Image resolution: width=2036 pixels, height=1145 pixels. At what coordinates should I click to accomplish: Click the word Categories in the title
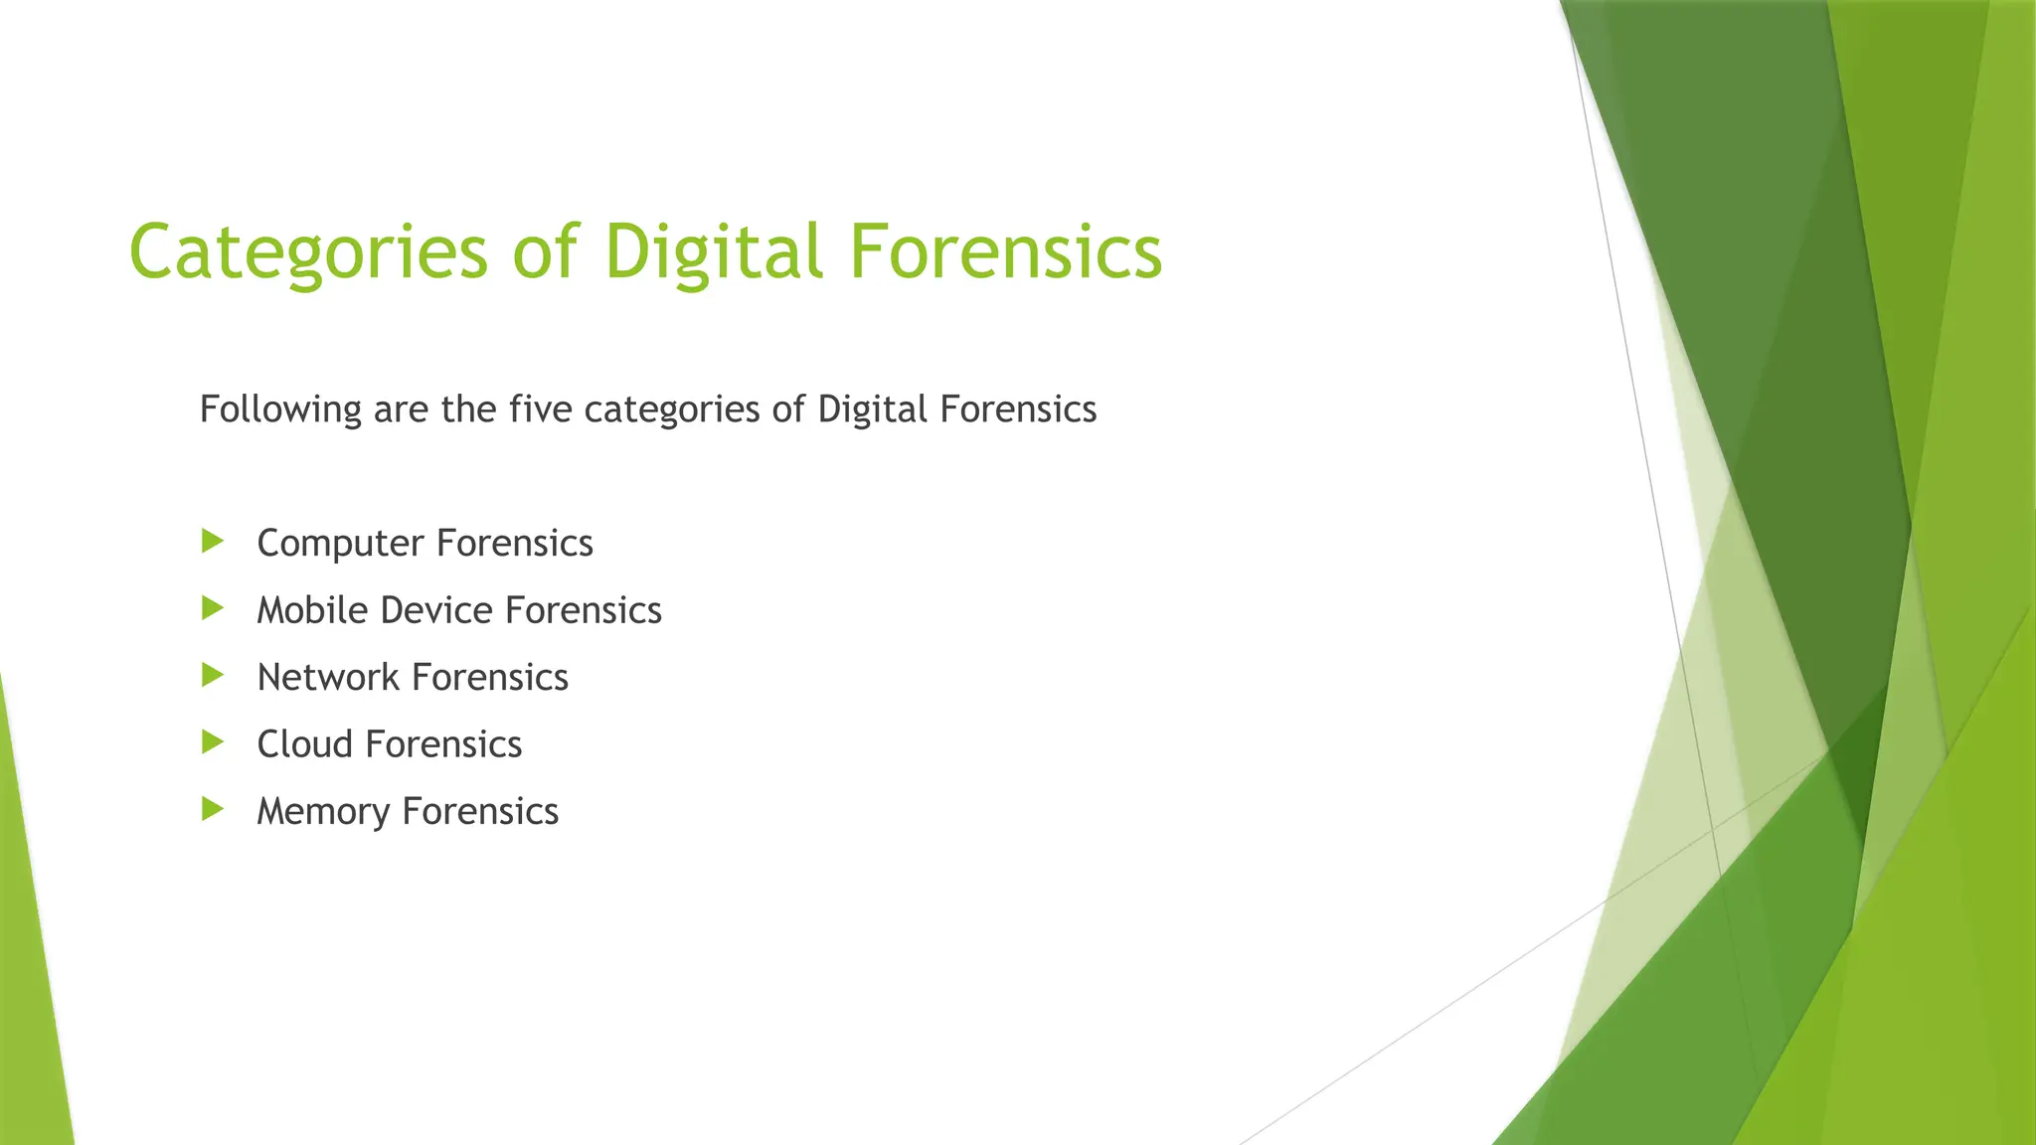tap(308, 252)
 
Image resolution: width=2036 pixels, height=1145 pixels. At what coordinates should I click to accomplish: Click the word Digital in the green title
tap(713, 250)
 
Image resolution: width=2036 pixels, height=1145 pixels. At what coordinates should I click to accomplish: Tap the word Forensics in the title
tap(1005, 250)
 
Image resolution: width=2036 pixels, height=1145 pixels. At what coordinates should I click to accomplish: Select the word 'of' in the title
tap(545, 250)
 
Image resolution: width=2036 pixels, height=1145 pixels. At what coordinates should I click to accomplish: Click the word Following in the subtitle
tap(280, 409)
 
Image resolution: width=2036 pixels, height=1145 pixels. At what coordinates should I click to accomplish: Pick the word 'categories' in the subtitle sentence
tap(672, 409)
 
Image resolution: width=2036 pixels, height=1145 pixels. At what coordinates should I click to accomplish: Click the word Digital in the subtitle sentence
tap(872, 409)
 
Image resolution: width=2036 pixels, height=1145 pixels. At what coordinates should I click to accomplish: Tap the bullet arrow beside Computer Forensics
tap(212, 542)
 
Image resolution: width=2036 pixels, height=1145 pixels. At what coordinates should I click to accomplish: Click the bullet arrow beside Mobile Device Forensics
tap(212, 608)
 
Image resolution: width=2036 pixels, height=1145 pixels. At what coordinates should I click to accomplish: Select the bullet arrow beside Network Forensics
tap(212, 676)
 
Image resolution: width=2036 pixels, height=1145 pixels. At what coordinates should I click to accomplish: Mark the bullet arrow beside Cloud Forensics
tap(212, 742)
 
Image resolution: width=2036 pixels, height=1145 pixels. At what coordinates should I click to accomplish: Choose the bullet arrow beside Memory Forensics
tap(212, 809)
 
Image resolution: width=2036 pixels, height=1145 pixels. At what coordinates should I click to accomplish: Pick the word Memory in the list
tap(323, 812)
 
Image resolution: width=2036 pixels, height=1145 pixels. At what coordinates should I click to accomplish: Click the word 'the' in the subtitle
tap(468, 409)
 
